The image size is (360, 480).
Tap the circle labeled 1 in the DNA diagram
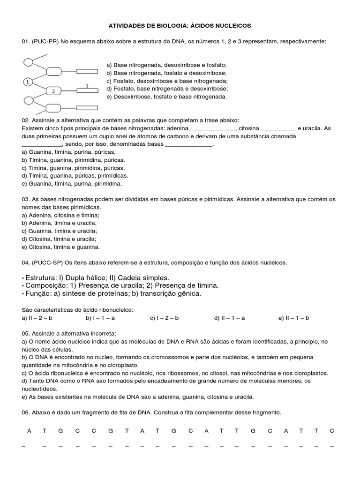28,82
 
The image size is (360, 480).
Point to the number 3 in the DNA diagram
87,86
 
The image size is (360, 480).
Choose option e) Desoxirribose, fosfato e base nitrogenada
166,97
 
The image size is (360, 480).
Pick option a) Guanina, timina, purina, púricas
68,152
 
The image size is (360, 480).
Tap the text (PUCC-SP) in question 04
49,262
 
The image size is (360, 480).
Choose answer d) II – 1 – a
230,318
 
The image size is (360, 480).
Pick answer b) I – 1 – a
100,318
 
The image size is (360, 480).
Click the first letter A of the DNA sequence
29,430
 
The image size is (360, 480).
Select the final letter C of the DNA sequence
331,430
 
